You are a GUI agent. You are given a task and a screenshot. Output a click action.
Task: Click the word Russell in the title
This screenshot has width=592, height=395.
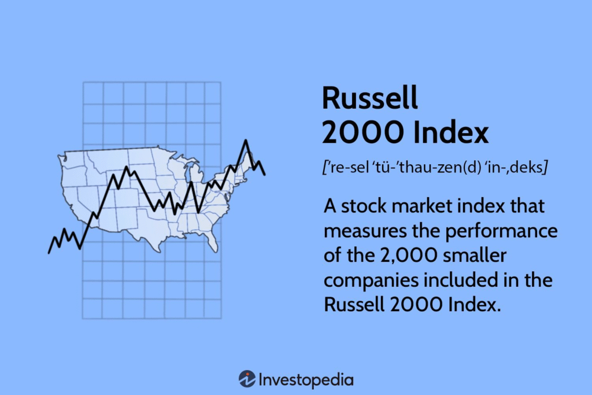coord(369,98)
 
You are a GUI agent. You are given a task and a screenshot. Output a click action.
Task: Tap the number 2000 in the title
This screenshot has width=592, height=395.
coord(362,132)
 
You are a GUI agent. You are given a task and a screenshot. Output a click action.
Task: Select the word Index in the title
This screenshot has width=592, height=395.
coord(451,132)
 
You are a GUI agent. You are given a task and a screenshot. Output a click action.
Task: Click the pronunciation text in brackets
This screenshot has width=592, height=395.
coord(435,167)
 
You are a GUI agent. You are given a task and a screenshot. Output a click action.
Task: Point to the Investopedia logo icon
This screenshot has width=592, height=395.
coord(247,379)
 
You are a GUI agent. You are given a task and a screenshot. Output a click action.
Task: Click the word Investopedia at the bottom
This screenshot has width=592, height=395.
coord(306,380)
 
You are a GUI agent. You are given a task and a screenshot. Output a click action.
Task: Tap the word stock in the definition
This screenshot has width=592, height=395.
coord(364,206)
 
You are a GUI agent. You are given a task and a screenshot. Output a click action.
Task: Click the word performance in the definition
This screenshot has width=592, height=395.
coord(501,231)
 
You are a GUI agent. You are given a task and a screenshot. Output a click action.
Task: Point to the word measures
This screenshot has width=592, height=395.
coord(365,231)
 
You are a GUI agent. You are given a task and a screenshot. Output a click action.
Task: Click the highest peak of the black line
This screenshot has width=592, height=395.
coord(246,141)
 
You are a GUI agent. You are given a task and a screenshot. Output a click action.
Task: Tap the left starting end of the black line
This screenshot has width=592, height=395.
coord(49,253)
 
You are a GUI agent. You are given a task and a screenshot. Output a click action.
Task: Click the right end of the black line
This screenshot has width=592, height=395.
coord(264,174)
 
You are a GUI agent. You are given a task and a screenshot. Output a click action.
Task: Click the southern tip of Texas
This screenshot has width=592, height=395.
coord(160,252)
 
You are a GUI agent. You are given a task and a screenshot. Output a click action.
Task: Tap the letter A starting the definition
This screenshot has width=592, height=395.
coord(330,206)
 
